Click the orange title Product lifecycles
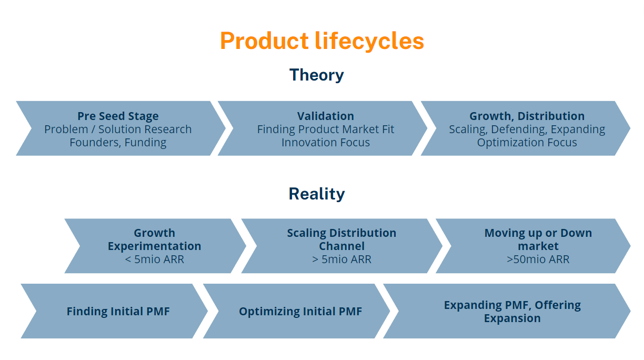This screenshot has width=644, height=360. coord(321,41)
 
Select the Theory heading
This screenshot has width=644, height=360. coord(316,75)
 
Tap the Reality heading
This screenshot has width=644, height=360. coord(316,194)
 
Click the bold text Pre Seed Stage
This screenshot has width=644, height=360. coord(118,116)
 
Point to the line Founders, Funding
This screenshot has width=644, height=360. coord(118,143)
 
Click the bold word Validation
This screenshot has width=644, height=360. coord(325,116)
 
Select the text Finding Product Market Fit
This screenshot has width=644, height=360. coord(325,129)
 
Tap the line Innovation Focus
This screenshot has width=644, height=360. coord(325,143)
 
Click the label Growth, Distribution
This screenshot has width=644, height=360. coord(527,116)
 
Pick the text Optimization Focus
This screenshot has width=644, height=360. coord(527,143)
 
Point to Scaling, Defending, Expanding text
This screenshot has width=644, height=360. coord(527,129)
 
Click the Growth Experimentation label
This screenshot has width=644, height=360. coord(154,239)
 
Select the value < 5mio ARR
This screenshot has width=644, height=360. coord(154,259)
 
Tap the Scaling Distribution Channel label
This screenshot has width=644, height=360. coord(341,239)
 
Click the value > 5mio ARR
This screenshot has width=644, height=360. coord(341,259)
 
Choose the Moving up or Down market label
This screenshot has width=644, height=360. coord(538,239)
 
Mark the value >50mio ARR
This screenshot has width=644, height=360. coord(538,259)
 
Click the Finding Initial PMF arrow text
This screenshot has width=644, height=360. coord(118,312)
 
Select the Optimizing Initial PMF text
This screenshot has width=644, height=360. coord(300,312)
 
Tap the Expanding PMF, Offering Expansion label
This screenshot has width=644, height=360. coord(512,312)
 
